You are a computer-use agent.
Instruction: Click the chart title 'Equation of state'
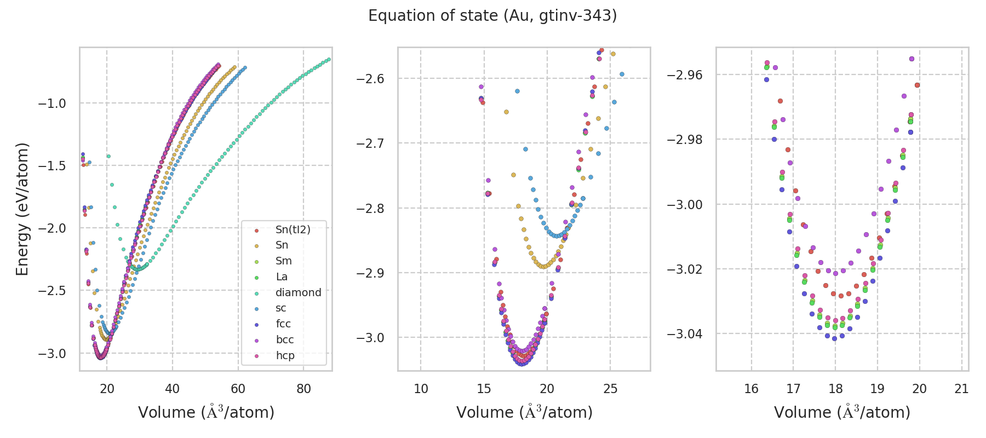[492, 16]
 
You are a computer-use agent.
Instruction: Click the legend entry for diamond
[298, 292]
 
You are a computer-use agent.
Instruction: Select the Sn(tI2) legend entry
[293, 229]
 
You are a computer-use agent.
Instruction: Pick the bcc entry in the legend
[285, 339]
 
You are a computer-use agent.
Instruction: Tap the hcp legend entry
[285, 355]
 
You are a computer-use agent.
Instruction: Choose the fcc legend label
[283, 324]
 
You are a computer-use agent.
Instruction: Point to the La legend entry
[282, 276]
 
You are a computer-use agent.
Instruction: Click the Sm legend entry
[283, 261]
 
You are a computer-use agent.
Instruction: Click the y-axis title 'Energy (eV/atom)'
[22, 209]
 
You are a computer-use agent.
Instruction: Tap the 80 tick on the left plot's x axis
[303, 389]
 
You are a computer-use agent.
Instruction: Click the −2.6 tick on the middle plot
[370, 79]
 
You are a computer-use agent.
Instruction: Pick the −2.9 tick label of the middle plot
[370, 273]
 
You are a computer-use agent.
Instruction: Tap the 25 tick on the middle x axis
[610, 389]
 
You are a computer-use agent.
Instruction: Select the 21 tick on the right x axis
[961, 389]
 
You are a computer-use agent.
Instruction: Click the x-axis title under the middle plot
[524, 412]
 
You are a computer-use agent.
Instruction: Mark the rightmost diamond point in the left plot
[329, 59]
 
